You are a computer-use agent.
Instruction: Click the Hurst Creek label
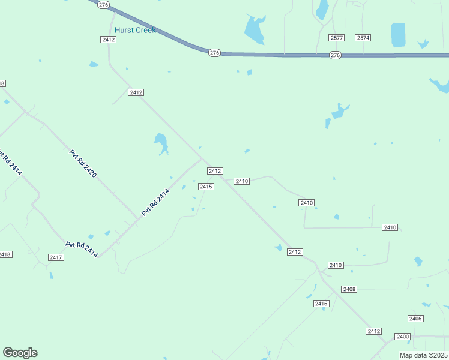[x=135, y=30]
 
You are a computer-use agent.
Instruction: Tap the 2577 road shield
[x=336, y=38]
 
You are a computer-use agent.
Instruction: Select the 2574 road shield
[x=363, y=38]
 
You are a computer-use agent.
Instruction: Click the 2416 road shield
[x=321, y=304]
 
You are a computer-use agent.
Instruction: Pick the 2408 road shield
[x=349, y=289]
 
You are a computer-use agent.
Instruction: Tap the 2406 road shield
[x=415, y=319]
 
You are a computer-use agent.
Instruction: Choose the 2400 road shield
[x=402, y=337]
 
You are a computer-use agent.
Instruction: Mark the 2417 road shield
[x=56, y=257]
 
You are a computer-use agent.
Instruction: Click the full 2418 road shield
[x=5, y=254]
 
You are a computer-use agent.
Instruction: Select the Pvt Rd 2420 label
[x=83, y=164]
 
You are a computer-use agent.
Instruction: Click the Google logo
[x=20, y=353]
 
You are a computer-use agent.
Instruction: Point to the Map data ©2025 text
[x=423, y=355]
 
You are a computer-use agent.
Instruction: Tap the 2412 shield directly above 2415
[x=215, y=171]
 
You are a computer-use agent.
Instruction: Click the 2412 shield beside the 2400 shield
[x=374, y=331]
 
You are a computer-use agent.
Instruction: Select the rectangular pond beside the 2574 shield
[x=398, y=35]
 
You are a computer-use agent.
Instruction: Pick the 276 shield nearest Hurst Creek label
[x=104, y=5]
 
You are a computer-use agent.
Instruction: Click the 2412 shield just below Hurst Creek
[x=108, y=40]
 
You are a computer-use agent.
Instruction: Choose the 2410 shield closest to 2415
[x=242, y=181]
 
